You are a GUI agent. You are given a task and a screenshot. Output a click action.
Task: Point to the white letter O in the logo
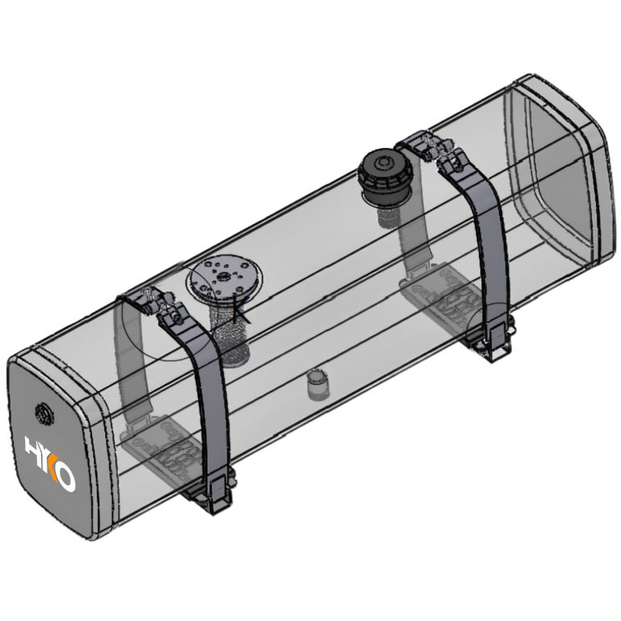tap(65, 477)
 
